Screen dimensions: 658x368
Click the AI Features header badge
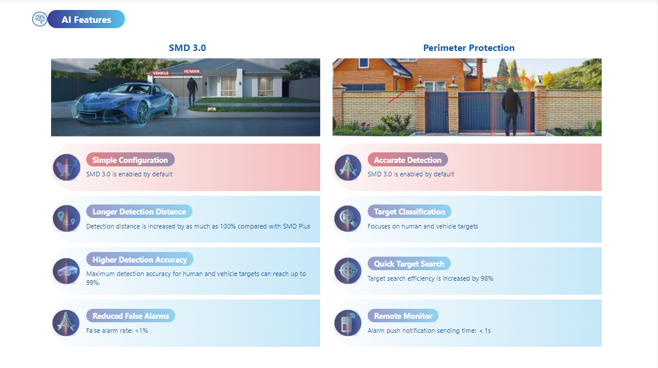coord(86,19)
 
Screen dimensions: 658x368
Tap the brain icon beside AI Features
coord(40,19)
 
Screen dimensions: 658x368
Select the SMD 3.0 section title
coord(187,48)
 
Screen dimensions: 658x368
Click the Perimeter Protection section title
coord(469,48)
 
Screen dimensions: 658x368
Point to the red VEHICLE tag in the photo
coord(161,73)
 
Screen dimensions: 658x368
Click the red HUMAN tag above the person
coord(192,71)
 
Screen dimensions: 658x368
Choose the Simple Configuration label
coord(130,160)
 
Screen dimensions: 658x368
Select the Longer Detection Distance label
coord(140,212)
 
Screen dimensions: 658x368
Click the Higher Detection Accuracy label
coord(140,260)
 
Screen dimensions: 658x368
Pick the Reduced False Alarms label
coord(131,316)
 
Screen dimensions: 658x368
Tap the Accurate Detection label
coord(408,160)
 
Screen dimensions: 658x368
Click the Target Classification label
coord(409,212)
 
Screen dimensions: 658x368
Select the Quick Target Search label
coord(409,264)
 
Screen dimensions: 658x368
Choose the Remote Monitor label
coord(403,316)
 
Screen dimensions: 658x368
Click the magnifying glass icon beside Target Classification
coord(348,219)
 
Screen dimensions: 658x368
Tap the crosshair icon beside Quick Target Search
coord(348,271)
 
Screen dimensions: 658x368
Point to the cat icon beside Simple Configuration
coord(66,167)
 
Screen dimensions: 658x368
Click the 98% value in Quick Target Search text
coord(487,278)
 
